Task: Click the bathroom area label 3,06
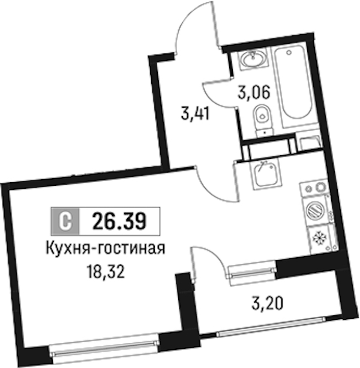(x=253, y=93)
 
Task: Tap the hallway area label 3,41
(x=195, y=114)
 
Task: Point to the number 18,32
(x=106, y=272)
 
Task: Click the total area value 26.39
(x=119, y=221)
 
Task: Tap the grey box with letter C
(x=65, y=221)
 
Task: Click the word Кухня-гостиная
(x=105, y=248)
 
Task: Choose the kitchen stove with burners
(x=314, y=188)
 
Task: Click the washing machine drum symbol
(x=314, y=210)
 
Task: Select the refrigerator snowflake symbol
(x=320, y=239)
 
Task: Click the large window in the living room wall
(x=104, y=348)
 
